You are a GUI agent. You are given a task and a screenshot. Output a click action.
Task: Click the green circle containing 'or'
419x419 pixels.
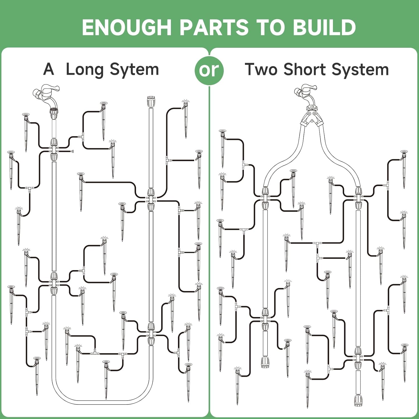coord(209,70)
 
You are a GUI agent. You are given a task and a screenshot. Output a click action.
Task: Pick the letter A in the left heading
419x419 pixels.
coord(49,69)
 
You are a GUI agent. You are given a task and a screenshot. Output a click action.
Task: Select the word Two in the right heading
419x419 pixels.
coord(261,69)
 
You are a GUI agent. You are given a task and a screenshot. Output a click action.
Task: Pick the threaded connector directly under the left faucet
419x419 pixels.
coord(54,112)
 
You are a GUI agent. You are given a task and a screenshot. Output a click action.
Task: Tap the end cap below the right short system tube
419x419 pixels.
coord(358,401)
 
